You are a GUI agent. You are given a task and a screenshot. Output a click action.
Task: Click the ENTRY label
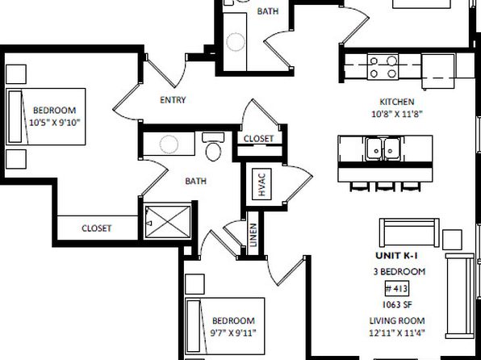click(173, 100)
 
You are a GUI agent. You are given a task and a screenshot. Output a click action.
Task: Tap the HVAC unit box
click(261, 184)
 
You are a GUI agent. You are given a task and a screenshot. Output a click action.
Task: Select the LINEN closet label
click(253, 235)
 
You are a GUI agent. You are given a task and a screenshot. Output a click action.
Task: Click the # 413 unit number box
click(396, 288)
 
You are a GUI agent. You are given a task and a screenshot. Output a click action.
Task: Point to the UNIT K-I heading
click(396, 255)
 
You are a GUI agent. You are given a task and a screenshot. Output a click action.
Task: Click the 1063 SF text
click(395, 304)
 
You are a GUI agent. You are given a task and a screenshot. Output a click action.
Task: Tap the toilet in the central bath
click(213, 147)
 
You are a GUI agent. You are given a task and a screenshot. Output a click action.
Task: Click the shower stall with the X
click(168, 222)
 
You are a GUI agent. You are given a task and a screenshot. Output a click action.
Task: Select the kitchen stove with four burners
click(383, 67)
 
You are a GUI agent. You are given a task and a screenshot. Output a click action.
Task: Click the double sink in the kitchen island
click(383, 149)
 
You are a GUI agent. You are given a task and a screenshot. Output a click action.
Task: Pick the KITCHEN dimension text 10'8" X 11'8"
click(397, 114)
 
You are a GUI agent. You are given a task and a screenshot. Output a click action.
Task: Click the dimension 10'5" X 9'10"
click(55, 123)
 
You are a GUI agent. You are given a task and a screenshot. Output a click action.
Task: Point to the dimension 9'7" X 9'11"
click(233, 333)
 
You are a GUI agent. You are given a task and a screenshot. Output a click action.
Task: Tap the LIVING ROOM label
click(397, 320)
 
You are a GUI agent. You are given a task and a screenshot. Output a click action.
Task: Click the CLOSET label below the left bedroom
click(96, 228)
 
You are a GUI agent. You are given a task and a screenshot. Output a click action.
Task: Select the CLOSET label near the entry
click(258, 139)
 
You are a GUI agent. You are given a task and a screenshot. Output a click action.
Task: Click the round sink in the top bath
click(236, 41)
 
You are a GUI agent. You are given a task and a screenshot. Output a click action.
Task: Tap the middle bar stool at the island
click(385, 186)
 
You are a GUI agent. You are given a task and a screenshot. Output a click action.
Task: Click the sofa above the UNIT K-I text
click(409, 232)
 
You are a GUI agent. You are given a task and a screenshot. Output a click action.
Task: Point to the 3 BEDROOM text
click(399, 271)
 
